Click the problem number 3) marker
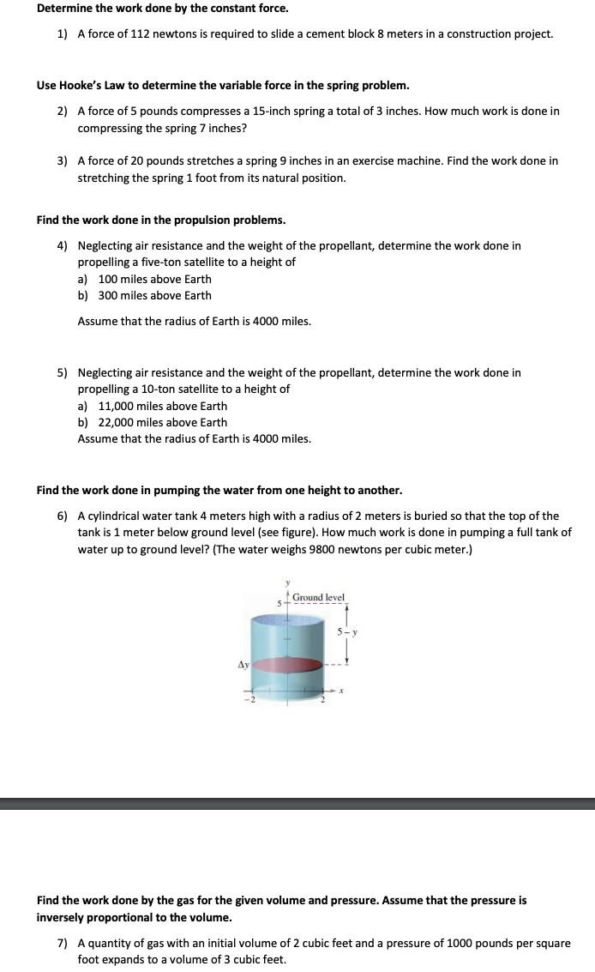tap(63, 161)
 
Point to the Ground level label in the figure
tap(318, 597)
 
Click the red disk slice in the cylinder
tap(284, 664)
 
